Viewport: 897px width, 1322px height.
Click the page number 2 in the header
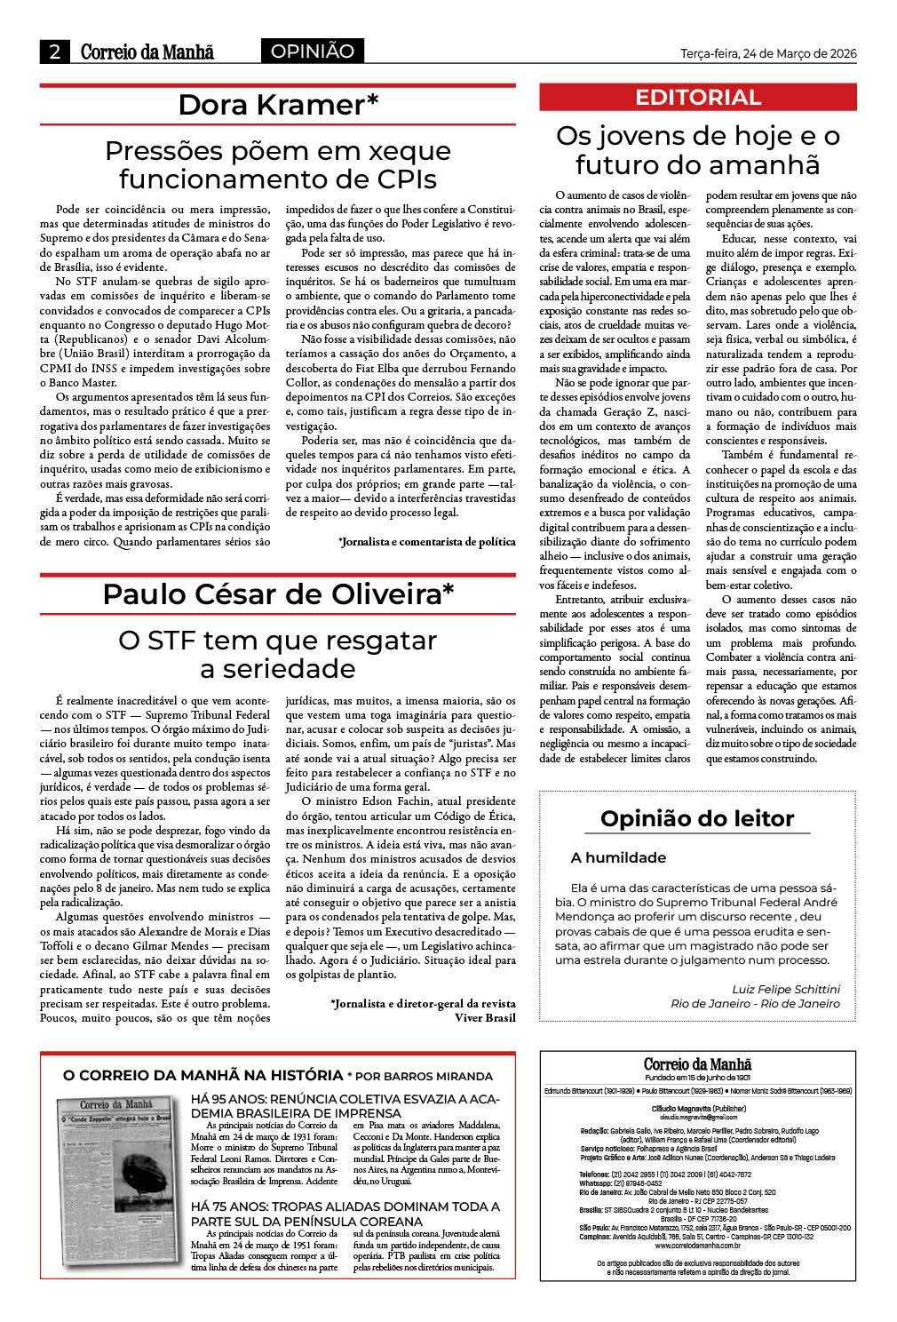pos(55,52)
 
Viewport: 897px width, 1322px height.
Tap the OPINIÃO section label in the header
pos(312,52)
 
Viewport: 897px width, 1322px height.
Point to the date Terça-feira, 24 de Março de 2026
pos(768,53)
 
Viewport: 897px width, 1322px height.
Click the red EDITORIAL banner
pos(698,98)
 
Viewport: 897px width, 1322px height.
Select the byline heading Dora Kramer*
pos(278,105)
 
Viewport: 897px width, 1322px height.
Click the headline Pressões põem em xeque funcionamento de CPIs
pos(278,164)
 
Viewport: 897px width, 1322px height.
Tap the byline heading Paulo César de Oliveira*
pos(278,593)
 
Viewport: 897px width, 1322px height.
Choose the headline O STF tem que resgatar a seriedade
pos(278,654)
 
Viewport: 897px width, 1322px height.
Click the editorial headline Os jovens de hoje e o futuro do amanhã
pos(698,150)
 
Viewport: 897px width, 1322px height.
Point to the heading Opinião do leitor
pos(697,818)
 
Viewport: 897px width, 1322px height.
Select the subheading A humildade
pos(618,857)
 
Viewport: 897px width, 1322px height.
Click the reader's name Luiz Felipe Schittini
pos(785,989)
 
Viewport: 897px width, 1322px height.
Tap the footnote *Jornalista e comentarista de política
pos(426,541)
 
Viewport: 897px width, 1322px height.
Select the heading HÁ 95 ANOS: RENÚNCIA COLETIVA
pos(345,1106)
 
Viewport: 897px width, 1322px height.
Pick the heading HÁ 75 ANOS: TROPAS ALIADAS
pos(345,1214)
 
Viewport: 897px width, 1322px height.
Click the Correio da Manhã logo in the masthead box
pos(697,1064)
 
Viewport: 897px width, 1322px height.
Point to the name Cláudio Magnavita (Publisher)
pos(698,1109)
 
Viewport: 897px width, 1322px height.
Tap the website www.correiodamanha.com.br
pos(698,1245)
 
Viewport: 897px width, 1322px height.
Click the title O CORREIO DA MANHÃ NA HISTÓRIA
pos(202,1075)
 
